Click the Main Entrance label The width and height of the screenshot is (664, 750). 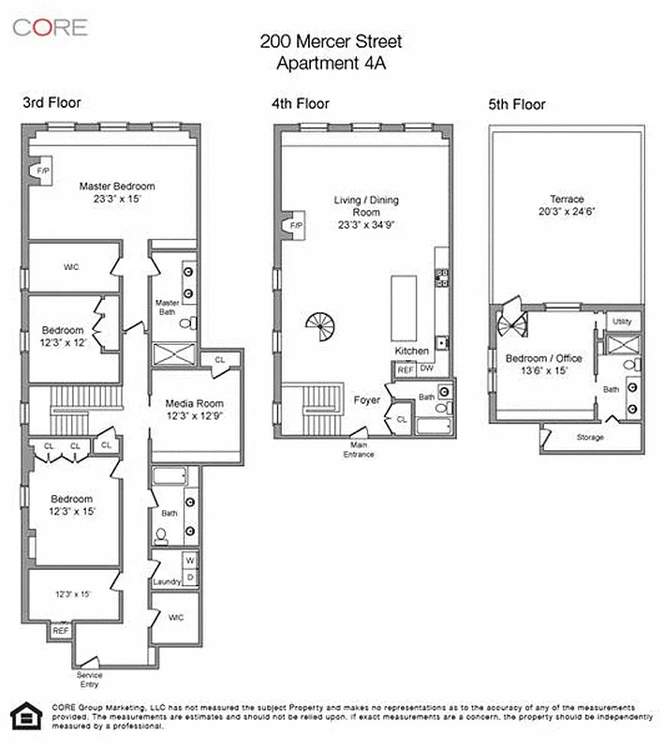360,450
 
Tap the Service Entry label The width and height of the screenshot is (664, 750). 90,680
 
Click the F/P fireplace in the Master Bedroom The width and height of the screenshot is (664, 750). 42,172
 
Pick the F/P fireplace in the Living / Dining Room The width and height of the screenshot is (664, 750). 295,226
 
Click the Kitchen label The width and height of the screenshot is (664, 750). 410,351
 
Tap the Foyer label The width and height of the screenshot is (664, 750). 366,400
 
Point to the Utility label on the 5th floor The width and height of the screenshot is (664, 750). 622,322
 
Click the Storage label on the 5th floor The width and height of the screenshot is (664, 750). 590,438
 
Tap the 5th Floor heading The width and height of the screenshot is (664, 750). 517,105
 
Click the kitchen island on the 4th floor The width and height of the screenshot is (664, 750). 403,308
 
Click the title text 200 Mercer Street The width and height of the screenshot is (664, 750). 331,41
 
